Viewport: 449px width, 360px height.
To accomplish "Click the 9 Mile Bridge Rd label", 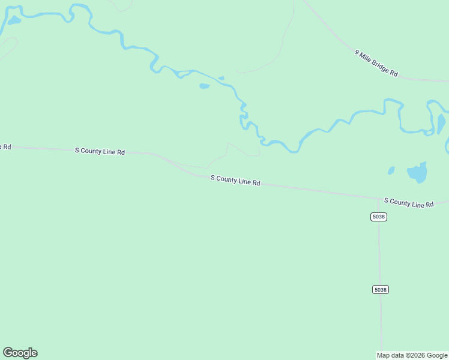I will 376,63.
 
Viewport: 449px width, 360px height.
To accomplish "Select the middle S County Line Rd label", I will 235,180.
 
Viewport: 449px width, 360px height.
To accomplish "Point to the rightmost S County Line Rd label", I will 408,203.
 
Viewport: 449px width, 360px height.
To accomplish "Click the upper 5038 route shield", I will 378,217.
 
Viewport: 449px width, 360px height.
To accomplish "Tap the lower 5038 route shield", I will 380,289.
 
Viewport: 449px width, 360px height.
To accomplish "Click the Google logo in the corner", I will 20,353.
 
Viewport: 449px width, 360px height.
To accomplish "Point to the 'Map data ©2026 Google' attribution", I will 412,355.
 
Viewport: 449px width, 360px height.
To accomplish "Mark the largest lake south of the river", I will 417,173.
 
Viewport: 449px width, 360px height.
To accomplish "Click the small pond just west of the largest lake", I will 391,170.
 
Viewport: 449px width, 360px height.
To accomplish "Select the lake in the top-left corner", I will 14,20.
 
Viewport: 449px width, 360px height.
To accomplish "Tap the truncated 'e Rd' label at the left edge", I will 5,146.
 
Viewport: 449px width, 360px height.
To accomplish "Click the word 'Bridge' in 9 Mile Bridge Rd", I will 382,67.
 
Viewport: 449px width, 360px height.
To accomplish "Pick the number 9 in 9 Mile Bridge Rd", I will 357,53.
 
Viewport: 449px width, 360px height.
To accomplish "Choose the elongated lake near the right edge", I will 441,123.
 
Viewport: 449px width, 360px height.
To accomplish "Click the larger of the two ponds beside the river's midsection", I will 204,86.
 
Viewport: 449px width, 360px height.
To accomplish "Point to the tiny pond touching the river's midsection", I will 221,78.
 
